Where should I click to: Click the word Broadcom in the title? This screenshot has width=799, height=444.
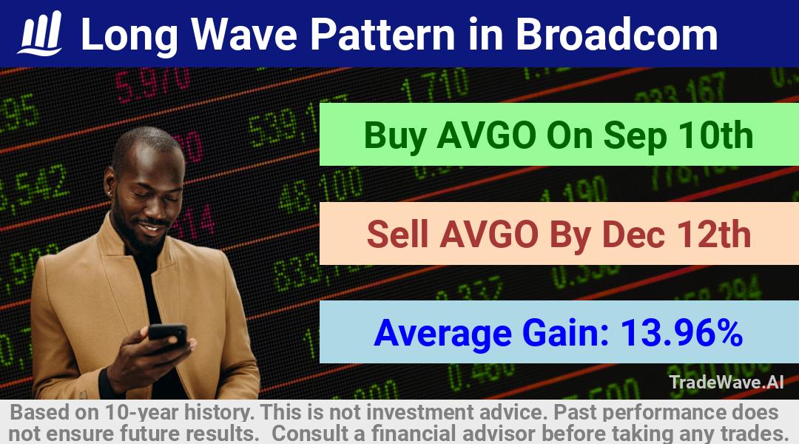616,35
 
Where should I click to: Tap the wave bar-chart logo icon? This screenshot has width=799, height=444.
40,33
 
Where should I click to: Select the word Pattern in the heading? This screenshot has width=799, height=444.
383,35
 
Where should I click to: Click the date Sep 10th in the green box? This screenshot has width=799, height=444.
678,135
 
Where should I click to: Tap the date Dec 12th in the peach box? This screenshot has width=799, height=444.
677,235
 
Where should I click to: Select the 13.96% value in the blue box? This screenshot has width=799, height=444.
682,332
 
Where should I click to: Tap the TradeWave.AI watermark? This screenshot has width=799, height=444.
726,383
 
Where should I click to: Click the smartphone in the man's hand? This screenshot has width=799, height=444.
168,334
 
